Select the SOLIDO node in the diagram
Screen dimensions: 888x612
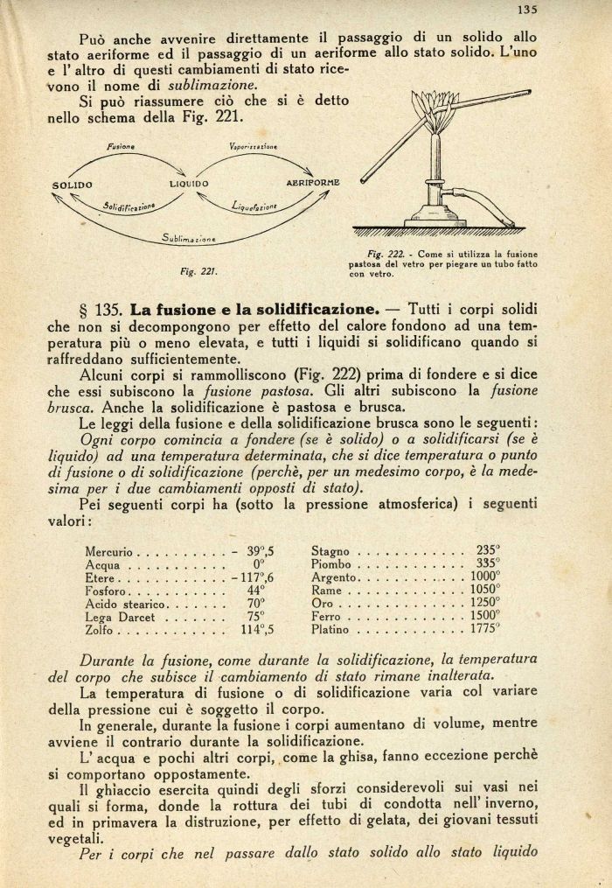click(72, 185)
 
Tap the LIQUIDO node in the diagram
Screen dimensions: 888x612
click(189, 184)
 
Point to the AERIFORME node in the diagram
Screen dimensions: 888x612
click(313, 182)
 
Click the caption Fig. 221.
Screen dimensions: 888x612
click(198, 271)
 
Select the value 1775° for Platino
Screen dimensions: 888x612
click(483, 628)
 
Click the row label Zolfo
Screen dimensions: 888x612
click(101, 629)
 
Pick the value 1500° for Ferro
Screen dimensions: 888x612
click(483, 616)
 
